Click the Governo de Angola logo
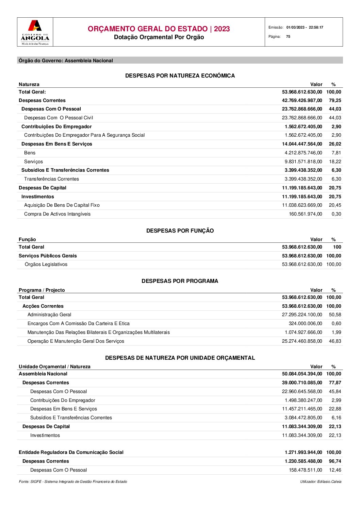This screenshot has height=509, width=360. (35, 32)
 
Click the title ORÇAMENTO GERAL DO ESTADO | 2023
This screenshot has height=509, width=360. (159, 29)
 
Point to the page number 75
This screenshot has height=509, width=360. (288, 37)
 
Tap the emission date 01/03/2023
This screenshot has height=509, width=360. (295, 28)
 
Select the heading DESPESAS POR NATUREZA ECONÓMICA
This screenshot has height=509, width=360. (180, 75)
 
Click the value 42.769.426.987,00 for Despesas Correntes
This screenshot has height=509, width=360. (302, 100)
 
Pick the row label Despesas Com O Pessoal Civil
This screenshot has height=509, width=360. (59, 118)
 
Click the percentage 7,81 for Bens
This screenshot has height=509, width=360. (336, 153)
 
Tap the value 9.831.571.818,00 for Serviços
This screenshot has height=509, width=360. (303, 162)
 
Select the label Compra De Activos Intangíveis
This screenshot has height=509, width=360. (57, 214)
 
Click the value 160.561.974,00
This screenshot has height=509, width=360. (305, 214)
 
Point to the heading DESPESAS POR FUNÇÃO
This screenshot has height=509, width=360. (180, 231)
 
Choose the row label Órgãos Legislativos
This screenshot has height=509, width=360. (46, 264)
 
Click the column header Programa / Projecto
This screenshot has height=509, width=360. (42, 290)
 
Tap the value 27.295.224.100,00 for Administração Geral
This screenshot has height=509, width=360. (302, 315)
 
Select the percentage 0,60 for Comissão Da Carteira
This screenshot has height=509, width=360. (336, 323)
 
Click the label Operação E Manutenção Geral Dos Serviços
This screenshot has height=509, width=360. (76, 341)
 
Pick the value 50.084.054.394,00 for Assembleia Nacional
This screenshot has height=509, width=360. (302, 374)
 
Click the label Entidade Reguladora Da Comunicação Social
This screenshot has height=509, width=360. (71, 452)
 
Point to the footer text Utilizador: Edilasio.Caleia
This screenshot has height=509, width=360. (321, 481)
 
